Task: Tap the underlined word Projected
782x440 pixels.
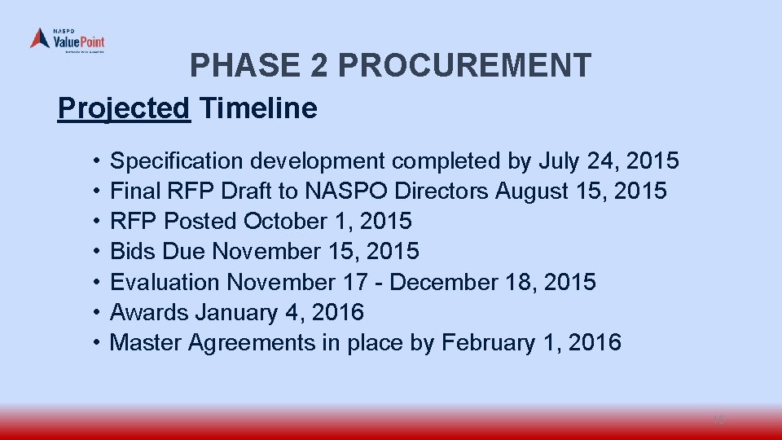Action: click(x=124, y=108)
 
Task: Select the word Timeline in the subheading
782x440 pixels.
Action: click(x=258, y=108)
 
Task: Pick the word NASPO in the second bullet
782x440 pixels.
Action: click(x=347, y=191)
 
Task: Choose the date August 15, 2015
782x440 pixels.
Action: click(x=581, y=191)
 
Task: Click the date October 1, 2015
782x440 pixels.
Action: click(x=328, y=222)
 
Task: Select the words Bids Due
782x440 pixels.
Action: click(x=158, y=252)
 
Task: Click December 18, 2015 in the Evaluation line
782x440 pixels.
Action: click(x=494, y=282)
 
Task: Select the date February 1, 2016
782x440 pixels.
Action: click(x=531, y=342)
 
